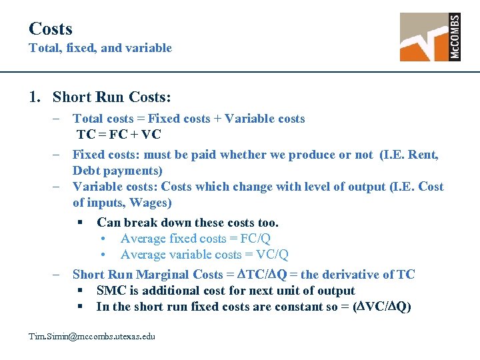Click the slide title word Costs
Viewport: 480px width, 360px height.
point(50,29)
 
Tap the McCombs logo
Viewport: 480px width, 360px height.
point(429,37)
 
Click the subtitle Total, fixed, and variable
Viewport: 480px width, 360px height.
point(100,48)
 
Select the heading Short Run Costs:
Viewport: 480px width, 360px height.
point(111,97)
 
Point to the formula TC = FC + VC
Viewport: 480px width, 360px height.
point(119,135)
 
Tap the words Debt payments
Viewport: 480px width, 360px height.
point(116,171)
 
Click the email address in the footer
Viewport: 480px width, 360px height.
point(91,337)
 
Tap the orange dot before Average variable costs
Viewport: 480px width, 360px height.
point(103,255)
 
